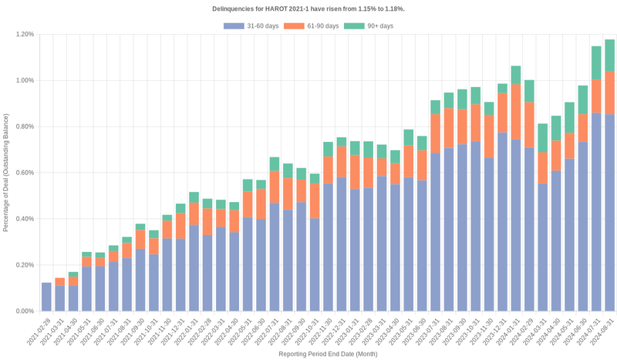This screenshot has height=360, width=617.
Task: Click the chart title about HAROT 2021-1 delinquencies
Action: coord(308,8)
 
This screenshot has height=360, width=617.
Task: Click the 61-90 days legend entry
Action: coord(312,26)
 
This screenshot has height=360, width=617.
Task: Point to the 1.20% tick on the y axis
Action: coord(22,34)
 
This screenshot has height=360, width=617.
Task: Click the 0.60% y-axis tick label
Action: coord(22,173)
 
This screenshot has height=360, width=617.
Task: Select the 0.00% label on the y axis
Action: coord(22,311)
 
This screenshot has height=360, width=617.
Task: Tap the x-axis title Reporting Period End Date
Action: coord(328,354)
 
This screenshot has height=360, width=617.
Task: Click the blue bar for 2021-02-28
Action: coord(46,297)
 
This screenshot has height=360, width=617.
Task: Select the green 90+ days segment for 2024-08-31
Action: coord(609,56)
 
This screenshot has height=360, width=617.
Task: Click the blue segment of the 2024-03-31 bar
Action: coord(542,247)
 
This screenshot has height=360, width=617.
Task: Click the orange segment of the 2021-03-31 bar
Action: coord(60,281)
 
